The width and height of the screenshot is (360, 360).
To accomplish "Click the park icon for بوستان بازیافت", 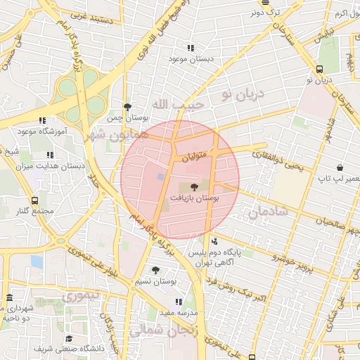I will pos(195,186).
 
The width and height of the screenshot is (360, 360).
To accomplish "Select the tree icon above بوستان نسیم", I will pos(155,269).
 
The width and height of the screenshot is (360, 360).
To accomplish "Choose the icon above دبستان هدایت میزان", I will pos(49,155).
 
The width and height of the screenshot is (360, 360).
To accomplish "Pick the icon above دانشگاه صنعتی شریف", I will pos(68,338).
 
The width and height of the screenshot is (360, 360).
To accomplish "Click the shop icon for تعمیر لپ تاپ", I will pos(341,168).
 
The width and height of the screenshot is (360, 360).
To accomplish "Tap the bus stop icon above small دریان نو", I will pos(320,69).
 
